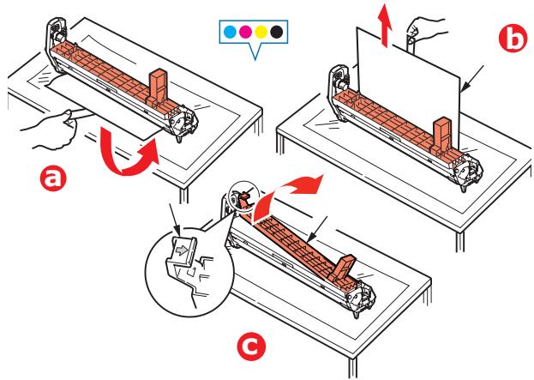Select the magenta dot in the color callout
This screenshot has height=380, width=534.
tap(244, 32)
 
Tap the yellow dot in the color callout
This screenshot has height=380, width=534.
tap(261, 32)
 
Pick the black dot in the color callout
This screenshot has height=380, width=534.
tap(277, 32)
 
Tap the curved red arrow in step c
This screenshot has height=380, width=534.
tap(296, 188)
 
